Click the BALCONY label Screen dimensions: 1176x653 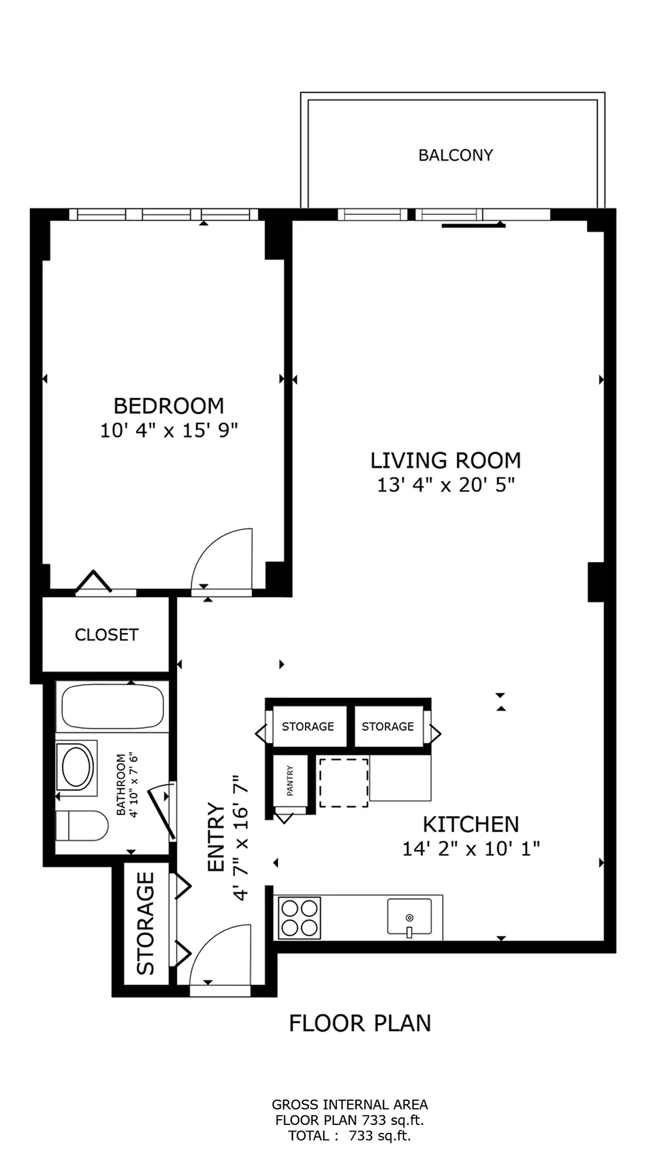455,155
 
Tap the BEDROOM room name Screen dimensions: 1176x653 168,406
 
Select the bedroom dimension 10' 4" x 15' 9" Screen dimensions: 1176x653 168,431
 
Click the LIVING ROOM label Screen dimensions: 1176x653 445,461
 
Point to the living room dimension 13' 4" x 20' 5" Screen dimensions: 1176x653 445,485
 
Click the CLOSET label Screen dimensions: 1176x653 106,635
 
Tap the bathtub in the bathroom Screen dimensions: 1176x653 112,707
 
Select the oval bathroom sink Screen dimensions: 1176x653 77,768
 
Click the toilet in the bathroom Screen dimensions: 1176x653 82,826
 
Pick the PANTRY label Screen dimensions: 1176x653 290,781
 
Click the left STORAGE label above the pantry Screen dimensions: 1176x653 308,727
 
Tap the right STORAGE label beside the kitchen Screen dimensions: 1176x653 387,727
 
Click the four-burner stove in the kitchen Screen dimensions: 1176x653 299,918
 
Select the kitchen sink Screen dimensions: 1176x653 409,917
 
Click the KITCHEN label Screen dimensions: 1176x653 470,825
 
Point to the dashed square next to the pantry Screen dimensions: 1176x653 343,783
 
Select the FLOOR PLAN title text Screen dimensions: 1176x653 360,1023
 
